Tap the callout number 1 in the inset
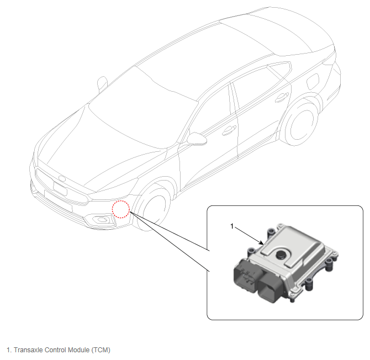[232, 226]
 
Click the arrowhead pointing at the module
[261, 243]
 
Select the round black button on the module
[281, 255]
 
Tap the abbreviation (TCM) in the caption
[101, 350]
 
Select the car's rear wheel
[300, 122]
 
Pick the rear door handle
[282, 97]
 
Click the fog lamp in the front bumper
[102, 220]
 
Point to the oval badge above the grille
[62, 178]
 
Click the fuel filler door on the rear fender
[313, 82]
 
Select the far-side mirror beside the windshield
[102, 83]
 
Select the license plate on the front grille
[60, 188]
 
